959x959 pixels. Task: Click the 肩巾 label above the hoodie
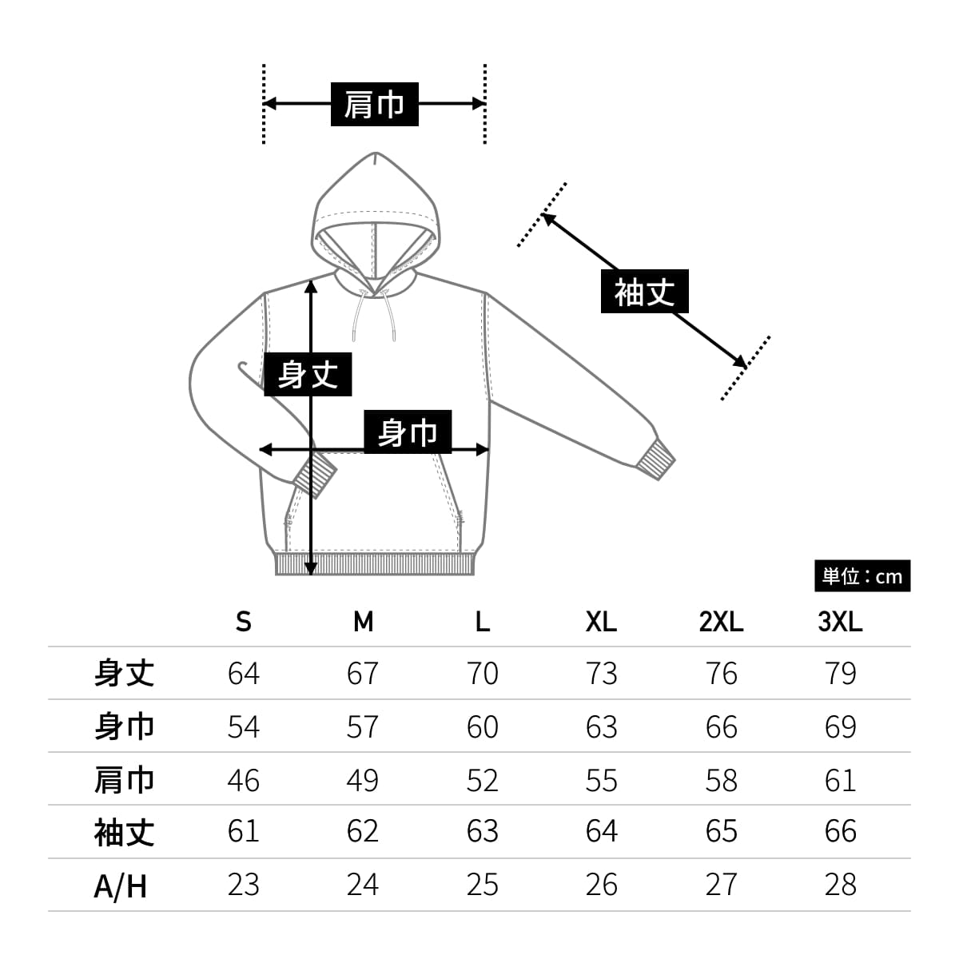tap(374, 104)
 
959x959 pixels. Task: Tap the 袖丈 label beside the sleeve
tap(644, 292)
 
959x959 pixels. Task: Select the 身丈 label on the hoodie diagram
tap(308, 374)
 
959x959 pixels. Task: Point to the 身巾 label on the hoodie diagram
tap(408, 432)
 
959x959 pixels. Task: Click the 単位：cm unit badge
tap(862, 576)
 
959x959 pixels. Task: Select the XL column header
tap(601, 621)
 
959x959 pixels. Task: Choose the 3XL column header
tap(840, 621)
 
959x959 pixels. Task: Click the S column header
tap(243, 621)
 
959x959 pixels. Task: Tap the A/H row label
tap(121, 885)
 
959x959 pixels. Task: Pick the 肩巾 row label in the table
tap(124, 779)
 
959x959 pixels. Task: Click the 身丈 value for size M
tap(362, 674)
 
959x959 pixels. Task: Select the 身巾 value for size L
tap(482, 726)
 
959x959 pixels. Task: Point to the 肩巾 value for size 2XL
tap(721, 779)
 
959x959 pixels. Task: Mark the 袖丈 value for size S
tap(243, 832)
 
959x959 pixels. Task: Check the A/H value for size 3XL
tap(840, 885)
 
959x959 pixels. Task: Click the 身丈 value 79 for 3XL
tap(840, 674)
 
